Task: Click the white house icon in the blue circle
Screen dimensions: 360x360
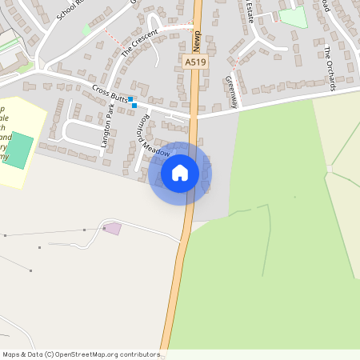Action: [x=180, y=173]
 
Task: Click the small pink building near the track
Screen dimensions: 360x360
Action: [x=113, y=229]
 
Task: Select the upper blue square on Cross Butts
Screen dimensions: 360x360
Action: [x=130, y=99]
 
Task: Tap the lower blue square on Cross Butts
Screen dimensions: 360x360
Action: [x=134, y=106]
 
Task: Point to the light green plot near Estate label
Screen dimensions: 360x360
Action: [x=292, y=17]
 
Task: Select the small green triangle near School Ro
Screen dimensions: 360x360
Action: [x=86, y=30]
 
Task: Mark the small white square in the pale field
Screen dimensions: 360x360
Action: [x=329, y=168]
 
